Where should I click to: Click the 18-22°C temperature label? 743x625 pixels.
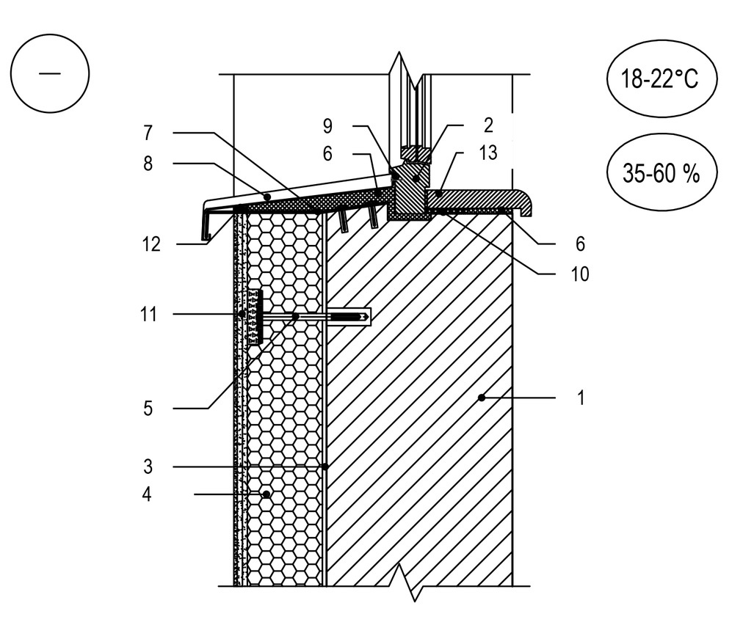coord(661,79)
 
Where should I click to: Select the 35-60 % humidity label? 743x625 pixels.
coord(661,175)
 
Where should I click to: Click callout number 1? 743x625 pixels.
coord(581,399)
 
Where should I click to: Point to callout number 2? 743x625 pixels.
coord(489,125)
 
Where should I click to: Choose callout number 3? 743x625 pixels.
coord(148,467)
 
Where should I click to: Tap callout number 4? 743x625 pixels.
coord(148,496)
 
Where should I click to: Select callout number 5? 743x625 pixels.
coord(148,408)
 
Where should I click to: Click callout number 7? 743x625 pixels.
coord(148,133)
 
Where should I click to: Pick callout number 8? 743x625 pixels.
coord(148,165)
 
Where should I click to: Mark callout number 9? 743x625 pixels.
coord(327,126)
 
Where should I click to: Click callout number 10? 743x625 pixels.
coord(579,274)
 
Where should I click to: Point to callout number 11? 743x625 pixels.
coord(148,315)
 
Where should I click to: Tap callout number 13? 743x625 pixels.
coord(488,153)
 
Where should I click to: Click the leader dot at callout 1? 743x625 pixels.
coord(481,398)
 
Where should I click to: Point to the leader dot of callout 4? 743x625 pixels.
coord(266,495)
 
